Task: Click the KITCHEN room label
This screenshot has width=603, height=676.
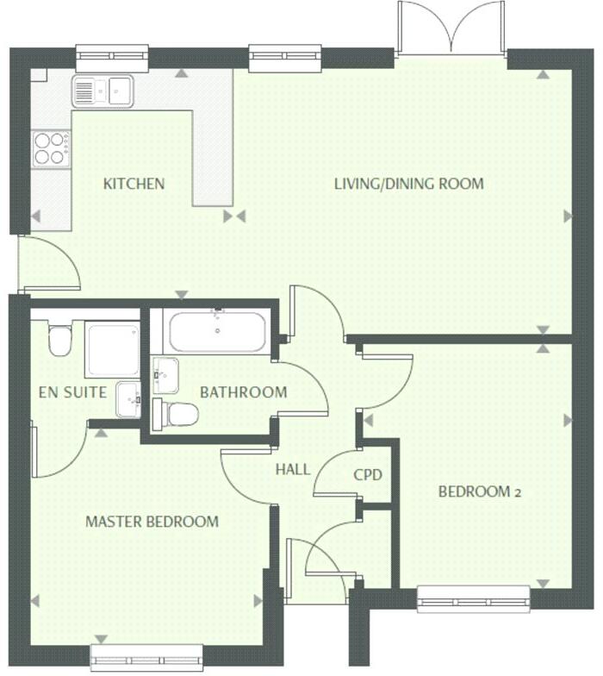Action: point(134,184)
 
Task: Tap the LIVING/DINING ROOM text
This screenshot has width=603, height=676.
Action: point(408,184)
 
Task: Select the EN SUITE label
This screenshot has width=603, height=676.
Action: point(73,392)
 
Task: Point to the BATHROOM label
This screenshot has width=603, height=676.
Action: point(243,392)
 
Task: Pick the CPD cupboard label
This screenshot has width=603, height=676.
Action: point(367,475)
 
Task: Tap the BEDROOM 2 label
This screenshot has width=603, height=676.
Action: point(480,492)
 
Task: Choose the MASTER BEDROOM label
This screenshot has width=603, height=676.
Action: point(152,522)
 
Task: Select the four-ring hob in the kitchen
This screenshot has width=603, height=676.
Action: point(51,147)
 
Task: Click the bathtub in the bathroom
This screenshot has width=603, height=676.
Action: point(217,330)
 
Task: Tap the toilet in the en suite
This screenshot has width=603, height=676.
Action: point(59,340)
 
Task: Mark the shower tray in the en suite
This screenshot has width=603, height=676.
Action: point(112,349)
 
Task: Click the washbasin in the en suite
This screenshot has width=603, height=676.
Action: point(128,398)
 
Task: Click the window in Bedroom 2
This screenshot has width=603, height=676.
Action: point(473,598)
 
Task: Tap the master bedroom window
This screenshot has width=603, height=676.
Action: point(146,657)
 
